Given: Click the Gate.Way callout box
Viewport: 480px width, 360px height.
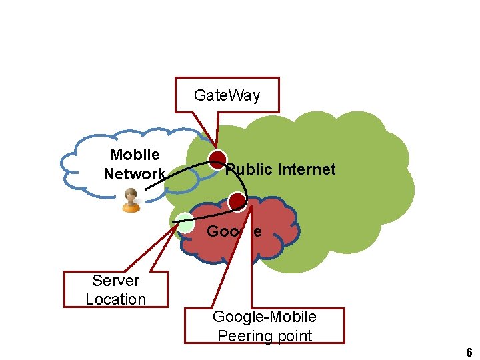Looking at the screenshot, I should tap(227, 95).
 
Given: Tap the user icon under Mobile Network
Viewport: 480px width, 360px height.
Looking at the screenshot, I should tap(131, 200).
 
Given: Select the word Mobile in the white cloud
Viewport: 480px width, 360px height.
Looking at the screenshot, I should tap(135, 155).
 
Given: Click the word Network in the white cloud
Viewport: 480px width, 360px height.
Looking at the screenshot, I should tap(134, 174).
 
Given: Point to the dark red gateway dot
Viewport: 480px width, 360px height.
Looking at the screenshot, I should tap(218, 159).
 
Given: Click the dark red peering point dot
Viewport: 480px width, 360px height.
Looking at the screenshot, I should tap(237, 201).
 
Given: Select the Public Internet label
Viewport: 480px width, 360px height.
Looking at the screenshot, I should tap(281, 169).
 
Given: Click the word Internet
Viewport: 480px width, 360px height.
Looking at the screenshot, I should tap(307, 169).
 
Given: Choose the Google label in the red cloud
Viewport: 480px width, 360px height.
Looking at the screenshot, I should tap(234, 232).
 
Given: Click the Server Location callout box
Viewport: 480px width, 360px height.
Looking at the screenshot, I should tap(115, 289).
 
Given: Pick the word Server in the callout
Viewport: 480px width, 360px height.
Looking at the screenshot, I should tap(116, 281).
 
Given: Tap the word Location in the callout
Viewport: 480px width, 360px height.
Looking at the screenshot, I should tap(115, 299).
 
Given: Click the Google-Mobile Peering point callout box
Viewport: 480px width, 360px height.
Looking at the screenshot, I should tap(265, 325).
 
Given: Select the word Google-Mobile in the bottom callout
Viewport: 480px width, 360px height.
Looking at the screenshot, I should tap(265, 317).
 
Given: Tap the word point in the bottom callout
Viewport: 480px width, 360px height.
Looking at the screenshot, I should tap(292, 335).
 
